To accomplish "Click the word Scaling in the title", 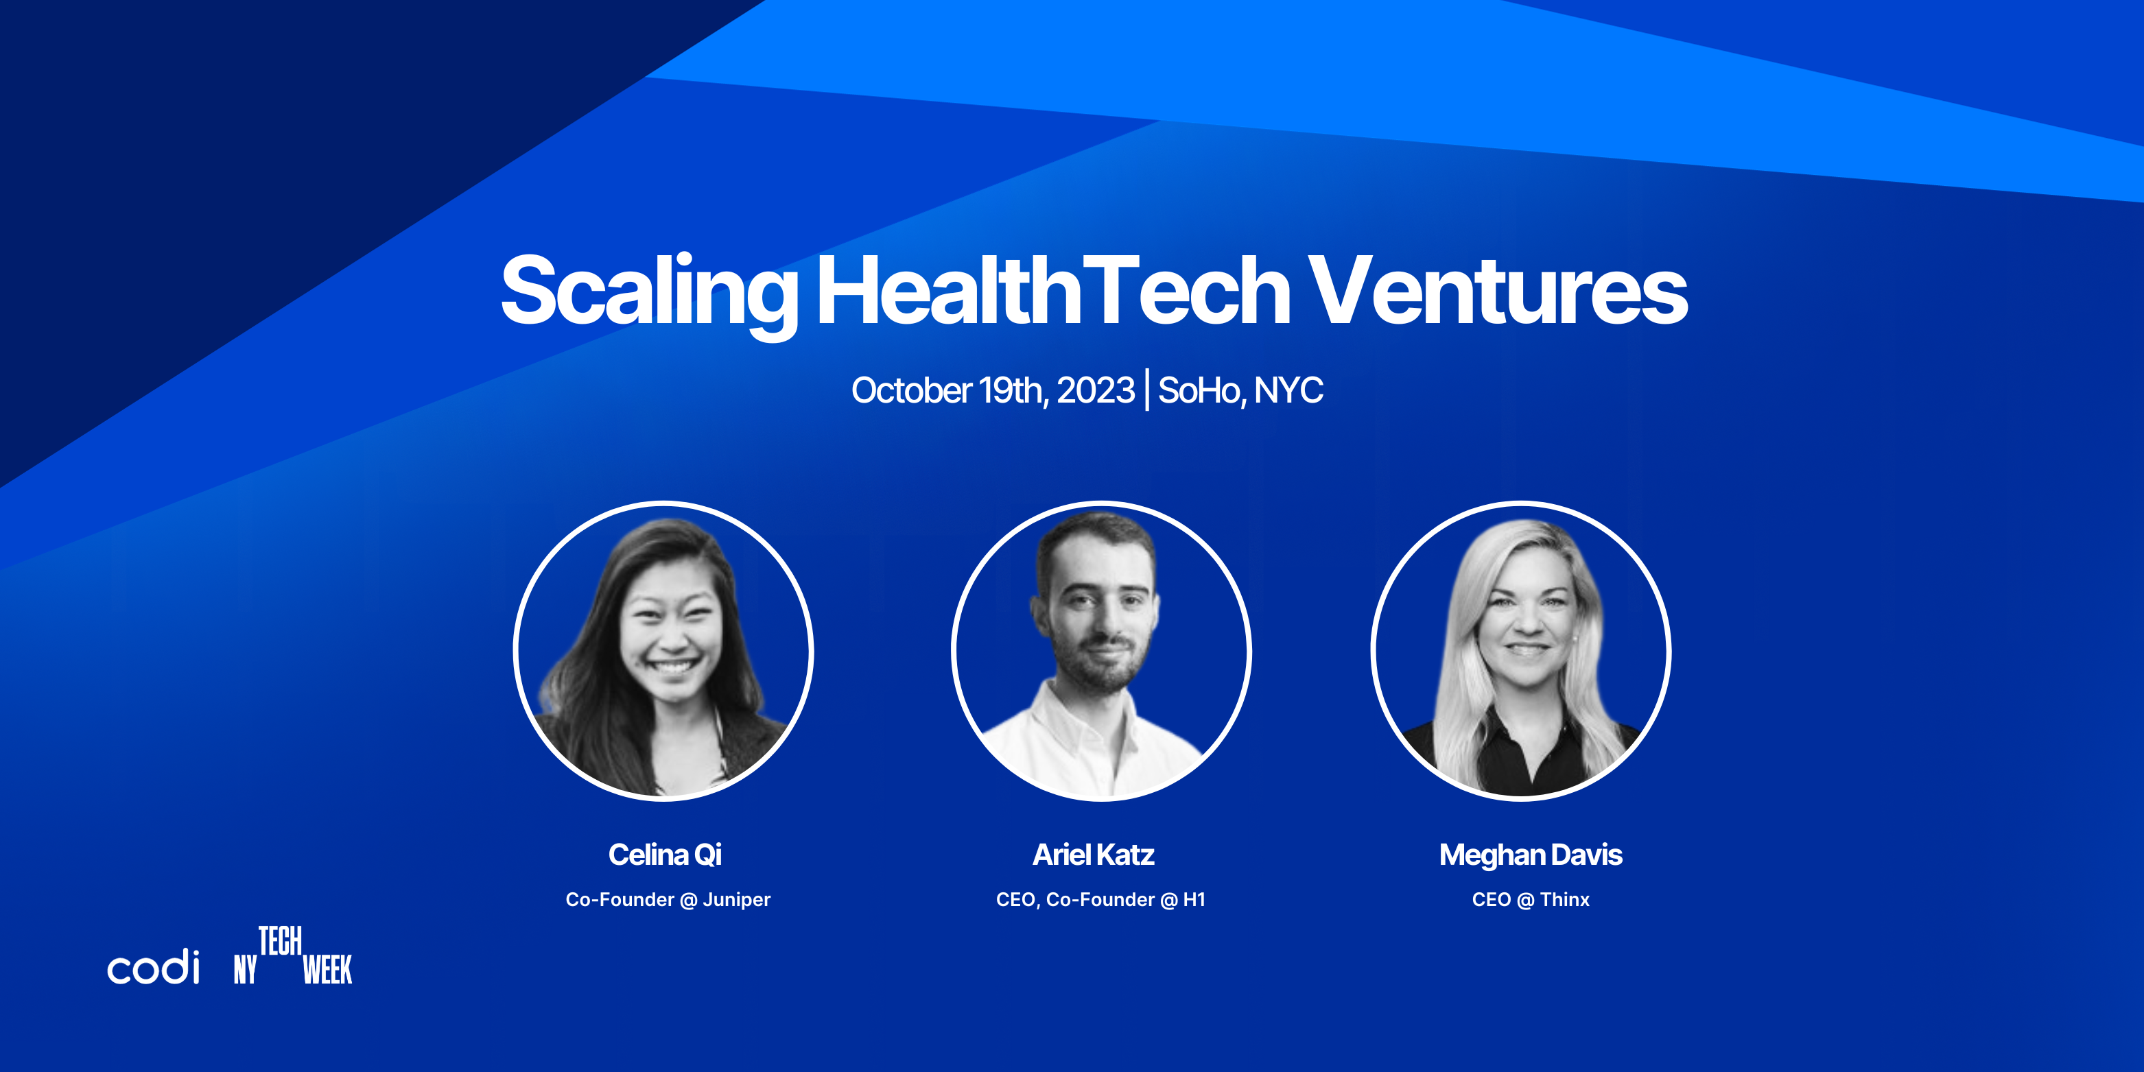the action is (649, 293).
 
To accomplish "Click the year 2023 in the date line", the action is (1095, 390).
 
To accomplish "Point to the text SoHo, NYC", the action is (1240, 391).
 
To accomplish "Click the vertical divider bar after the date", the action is (1147, 390).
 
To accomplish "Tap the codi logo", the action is (154, 966).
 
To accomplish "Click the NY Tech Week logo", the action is (293, 955).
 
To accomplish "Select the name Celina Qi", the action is (665, 855).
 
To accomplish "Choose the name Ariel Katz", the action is (1094, 855).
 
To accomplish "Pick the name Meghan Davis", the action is (1531, 855).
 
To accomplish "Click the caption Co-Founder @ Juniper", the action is (668, 900).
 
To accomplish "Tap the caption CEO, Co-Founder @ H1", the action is (1100, 900).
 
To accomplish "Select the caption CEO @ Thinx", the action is (1531, 900).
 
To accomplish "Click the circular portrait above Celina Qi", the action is (663, 651).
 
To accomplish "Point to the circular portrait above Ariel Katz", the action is (1101, 651).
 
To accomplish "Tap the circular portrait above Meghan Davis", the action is (1522, 651).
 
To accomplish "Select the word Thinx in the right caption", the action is (1565, 900).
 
